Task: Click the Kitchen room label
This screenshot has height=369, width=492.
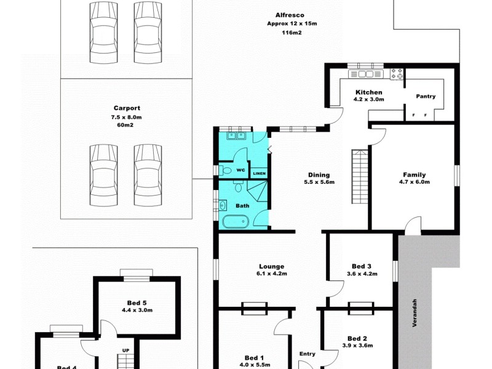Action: pyautogui.click(x=368, y=92)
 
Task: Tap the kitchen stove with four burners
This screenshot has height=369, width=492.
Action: pyautogui.click(x=397, y=74)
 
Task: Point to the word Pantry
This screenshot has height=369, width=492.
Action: pyautogui.click(x=426, y=96)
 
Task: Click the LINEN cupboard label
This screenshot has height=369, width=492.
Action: pyautogui.click(x=260, y=174)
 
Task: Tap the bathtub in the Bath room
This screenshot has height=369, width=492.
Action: pyautogui.click(x=234, y=222)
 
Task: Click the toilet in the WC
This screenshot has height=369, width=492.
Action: pyautogui.click(x=226, y=170)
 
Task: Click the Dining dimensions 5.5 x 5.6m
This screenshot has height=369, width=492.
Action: pyautogui.click(x=319, y=183)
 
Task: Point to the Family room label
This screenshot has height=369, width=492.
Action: pyautogui.click(x=414, y=175)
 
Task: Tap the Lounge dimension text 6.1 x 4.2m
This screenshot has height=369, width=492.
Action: pyautogui.click(x=271, y=274)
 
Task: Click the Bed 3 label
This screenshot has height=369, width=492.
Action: pyautogui.click(x=361, y=266)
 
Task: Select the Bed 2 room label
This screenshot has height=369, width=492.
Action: pyautogui.click(x=357, y=338)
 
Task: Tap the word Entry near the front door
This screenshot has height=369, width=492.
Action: pyautogui.click(x=307, y=354)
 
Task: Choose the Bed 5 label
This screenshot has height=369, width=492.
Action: pyautogui.click(x=137, y=303)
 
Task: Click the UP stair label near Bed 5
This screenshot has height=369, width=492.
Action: pyautogui.click(x=125, y=351)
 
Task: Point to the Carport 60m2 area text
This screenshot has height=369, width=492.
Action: pyautogui.click(x=125, y=125)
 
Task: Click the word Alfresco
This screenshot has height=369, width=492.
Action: pyautogui.click(x=292, y=15)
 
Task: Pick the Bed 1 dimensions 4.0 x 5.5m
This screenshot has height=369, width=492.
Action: pyautogui.click(x=254, y=365)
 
